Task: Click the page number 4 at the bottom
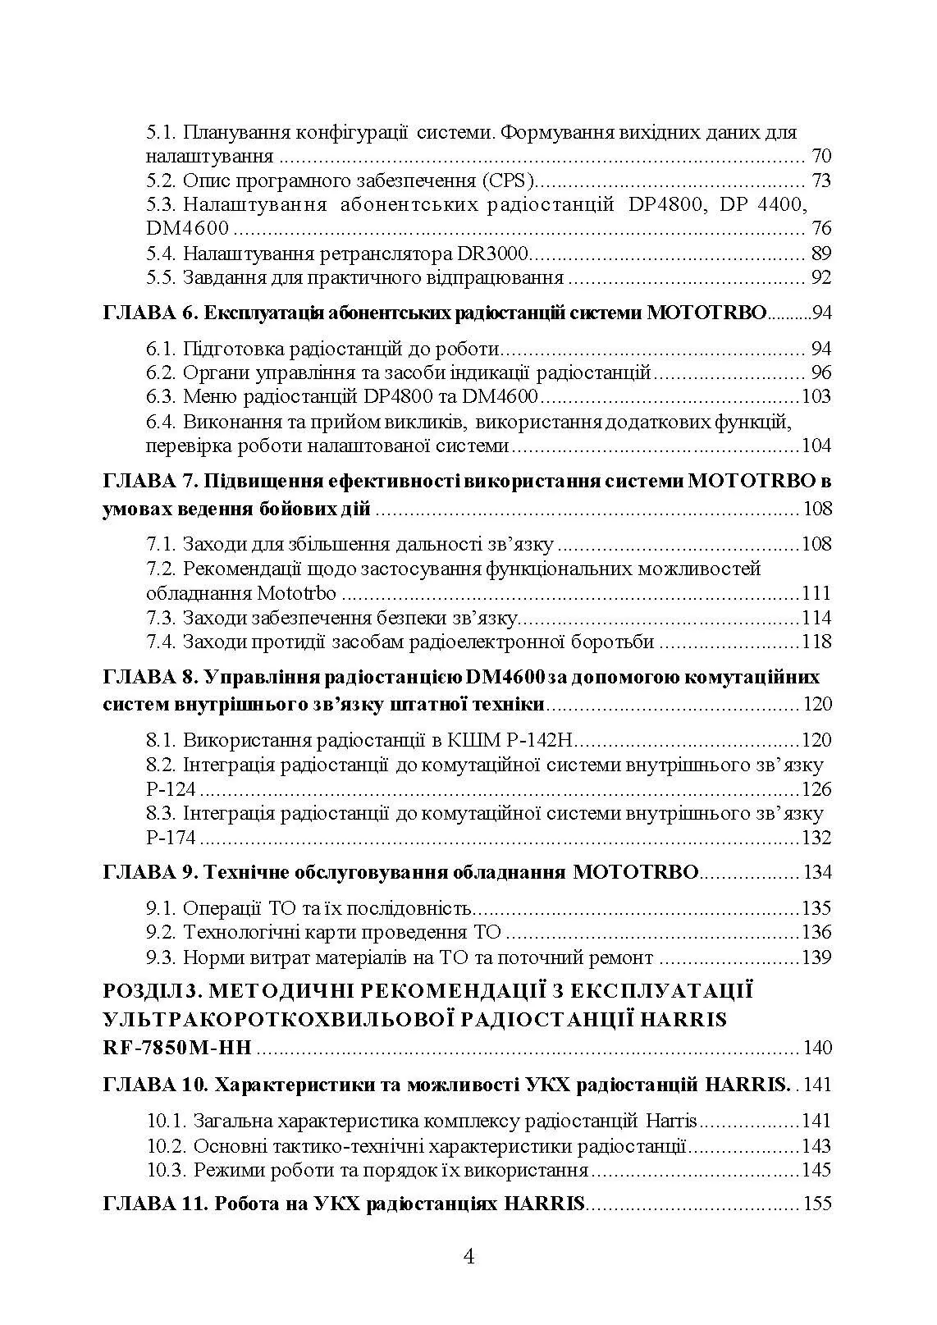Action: point(469,1256)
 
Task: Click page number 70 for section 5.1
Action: point(820,157)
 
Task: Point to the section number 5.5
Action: point(162,277)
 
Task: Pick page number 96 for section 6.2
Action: point(820,373)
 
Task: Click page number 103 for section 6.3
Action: point(816,397)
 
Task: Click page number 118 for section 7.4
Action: point(816,642)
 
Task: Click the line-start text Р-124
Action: point(171,789)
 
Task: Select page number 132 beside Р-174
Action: point(816,838)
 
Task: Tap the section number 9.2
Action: point(162,932)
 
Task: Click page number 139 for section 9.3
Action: point(816,957)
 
